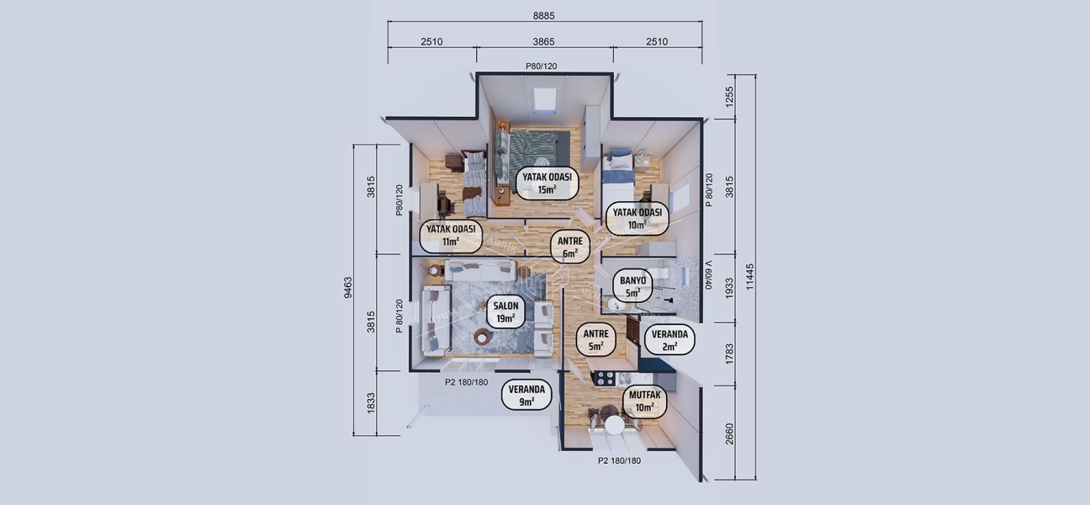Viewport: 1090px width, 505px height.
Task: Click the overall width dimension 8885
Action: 544,15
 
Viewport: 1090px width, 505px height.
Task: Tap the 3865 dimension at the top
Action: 544,41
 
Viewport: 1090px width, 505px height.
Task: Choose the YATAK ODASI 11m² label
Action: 451,235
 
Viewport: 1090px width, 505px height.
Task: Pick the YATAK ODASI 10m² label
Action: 637,218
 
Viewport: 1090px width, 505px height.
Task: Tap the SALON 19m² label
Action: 505,312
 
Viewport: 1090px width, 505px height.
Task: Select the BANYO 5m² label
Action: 632,287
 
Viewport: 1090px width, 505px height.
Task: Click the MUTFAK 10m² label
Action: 644,401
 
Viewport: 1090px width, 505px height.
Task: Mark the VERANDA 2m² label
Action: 669,340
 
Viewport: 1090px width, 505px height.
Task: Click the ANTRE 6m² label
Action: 569,247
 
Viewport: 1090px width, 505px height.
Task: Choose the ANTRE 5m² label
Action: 596,340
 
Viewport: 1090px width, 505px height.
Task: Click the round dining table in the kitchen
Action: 615,425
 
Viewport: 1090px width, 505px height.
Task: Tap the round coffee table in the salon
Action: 483,337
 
